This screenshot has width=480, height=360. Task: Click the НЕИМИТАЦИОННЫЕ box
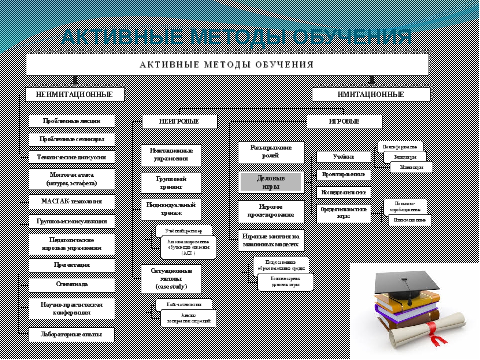click(x=75, y=94)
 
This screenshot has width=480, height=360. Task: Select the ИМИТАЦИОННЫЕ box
click(x=371, y=94)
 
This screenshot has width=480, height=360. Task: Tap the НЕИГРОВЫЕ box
click(x=179, y=121)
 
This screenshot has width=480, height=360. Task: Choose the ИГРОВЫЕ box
click(x=344, y=121)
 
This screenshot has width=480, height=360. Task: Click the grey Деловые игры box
click(x=271, y=182)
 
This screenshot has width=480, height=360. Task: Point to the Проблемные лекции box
click(x=72, y=121)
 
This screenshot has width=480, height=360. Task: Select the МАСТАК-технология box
click(x=72, y=202)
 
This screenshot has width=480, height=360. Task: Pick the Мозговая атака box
click(x=72, y=179)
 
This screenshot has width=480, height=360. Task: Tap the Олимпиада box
click(x=72, y=284)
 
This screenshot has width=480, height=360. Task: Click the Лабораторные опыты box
click(x=72, y=334)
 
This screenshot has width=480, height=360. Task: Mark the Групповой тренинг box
click(x=171, y=182)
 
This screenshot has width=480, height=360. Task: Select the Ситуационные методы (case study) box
click(x=171, y=279)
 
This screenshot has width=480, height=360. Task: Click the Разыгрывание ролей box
click(x=271, y=152)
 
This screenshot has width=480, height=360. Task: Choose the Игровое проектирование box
click(x=271, y=211)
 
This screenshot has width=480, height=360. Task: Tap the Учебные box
click(x=344, y=157)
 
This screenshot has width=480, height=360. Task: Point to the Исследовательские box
click(x=344, y=192)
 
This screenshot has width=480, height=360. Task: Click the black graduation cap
click(x=407, y=283)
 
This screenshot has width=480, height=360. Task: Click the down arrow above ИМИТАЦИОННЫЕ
click(x=371, y=80)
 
